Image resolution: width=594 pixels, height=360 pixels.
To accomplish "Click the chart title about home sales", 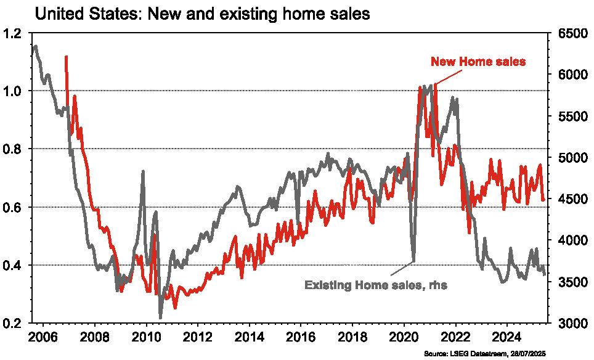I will (x=202, y=14).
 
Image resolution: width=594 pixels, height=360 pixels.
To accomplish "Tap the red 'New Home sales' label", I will (x=478, y=62).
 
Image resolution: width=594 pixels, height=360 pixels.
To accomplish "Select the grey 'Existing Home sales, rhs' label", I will (x=375, y=285).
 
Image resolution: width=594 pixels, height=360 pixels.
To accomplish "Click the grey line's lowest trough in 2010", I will (x=161, y=318).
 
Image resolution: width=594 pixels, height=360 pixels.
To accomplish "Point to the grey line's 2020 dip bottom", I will (x=413, y=261).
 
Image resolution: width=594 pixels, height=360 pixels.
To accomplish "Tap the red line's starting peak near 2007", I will (x=66, y=56).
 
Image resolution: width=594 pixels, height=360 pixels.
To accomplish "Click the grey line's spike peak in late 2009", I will (x=143, y=171).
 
